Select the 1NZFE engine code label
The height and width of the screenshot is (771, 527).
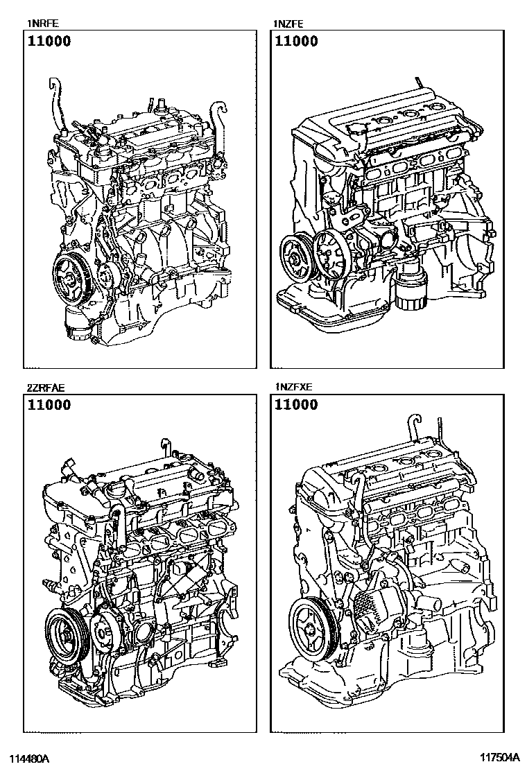tap(288, 23)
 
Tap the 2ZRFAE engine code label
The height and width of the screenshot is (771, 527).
tap(46, 388)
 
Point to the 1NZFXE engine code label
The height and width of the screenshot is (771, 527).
tap(293, 387)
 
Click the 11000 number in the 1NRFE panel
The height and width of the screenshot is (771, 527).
tap(49, 41)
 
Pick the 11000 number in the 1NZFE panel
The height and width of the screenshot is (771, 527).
tap(296, 41)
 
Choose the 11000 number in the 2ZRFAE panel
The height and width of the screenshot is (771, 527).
tap(49, 405)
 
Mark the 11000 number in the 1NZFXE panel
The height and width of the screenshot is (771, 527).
tap(296, 405)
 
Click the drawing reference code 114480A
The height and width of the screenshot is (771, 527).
tap(28, 759)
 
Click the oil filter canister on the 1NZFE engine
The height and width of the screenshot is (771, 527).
tap(410, 290)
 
